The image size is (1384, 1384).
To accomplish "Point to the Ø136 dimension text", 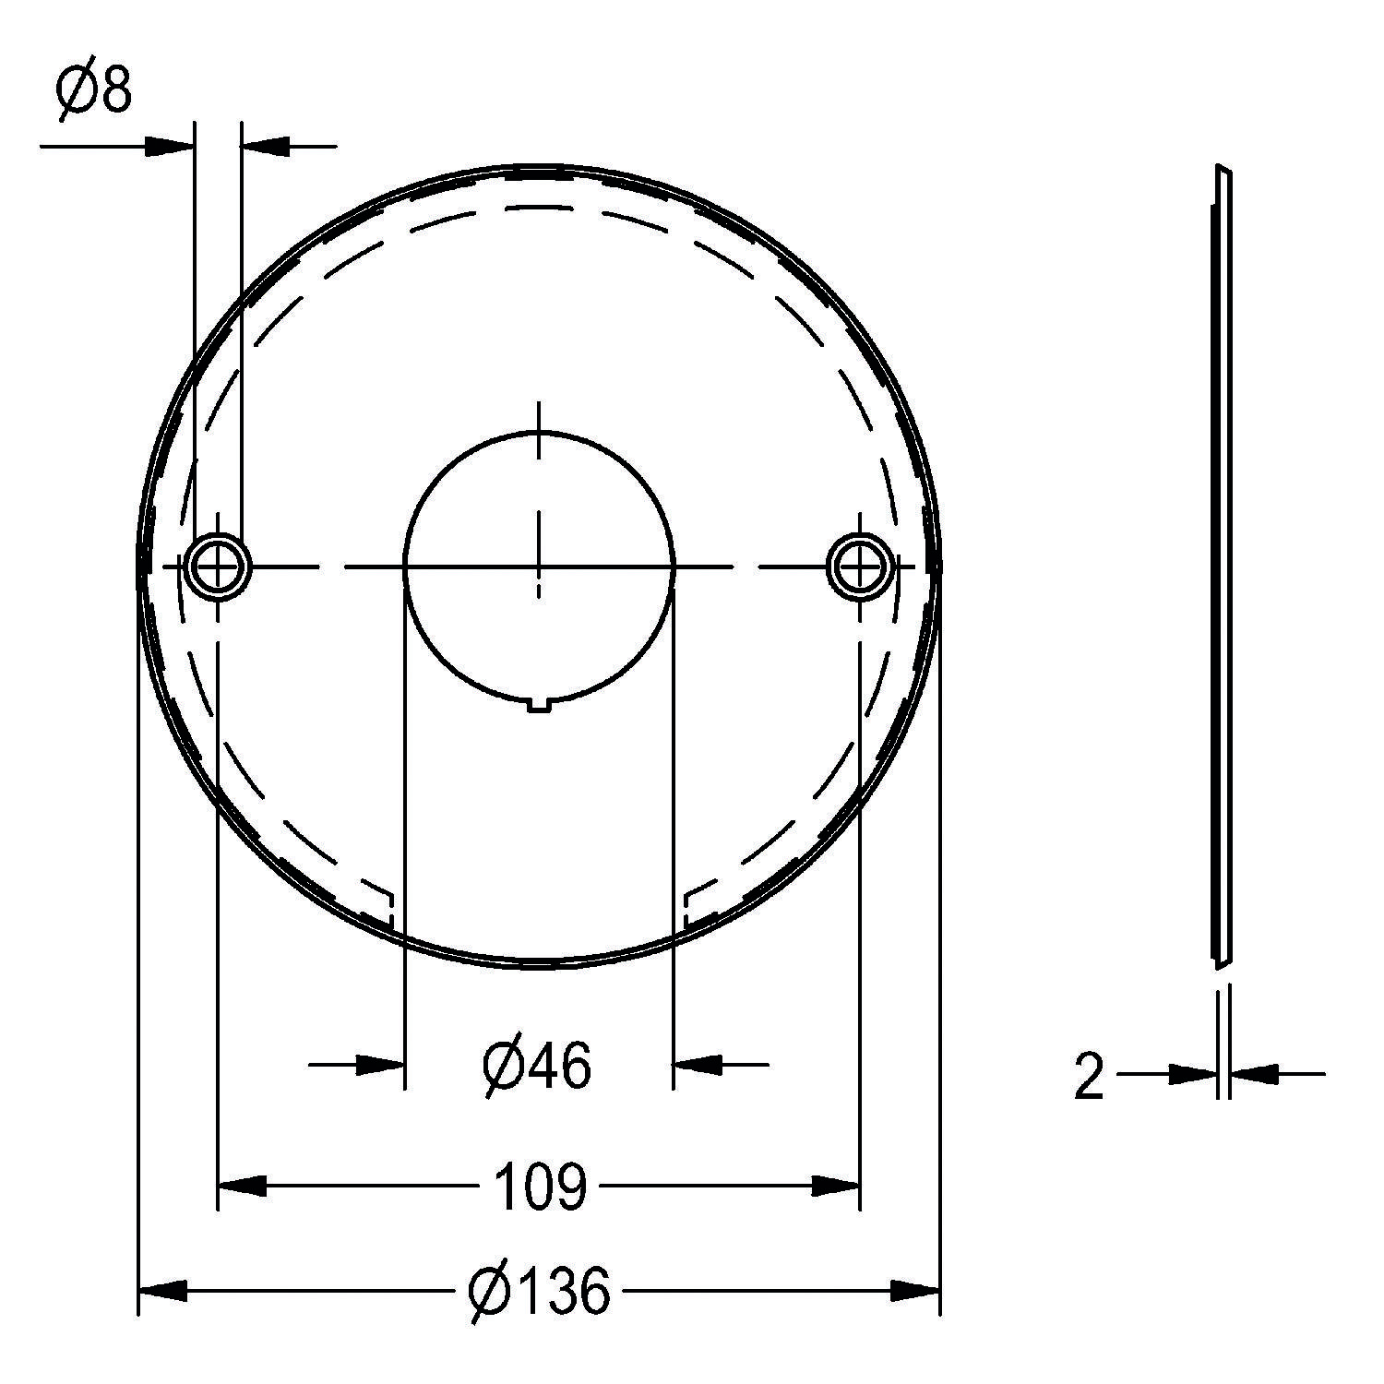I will coord(539,1291).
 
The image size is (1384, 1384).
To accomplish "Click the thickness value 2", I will coord(1089,1076).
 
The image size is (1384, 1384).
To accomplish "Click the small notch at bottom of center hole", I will coord(540,707).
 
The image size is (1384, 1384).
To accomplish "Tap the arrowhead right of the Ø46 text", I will coord(698,1065).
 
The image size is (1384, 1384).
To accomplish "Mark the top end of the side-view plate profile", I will coord(1223,172).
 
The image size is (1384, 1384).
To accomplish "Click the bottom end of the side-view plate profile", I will coord(1218,967).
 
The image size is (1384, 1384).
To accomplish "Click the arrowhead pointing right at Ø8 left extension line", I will coord(171,145).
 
